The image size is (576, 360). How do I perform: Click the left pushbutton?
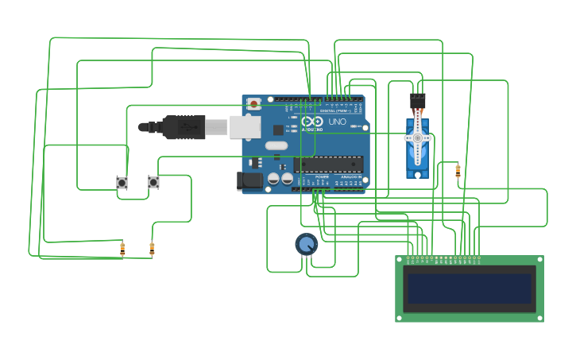pos(122,183)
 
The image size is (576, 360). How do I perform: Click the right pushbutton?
pos(153,182)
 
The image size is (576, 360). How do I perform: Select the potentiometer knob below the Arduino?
pos(306,244)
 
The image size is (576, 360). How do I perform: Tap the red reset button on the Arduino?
pos(253,103)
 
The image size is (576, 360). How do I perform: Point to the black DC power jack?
pos(250,181)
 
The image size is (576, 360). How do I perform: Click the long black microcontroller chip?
pos(328,165)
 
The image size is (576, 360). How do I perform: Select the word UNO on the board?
pos(338,122)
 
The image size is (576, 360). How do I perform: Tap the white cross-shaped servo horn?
pos(417,138)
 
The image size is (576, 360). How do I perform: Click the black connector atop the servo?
pos(417,101)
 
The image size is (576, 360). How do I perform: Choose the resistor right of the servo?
pos(458,169)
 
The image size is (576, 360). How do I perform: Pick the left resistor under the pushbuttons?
pos(122,249)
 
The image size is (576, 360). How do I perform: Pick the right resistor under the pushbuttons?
pos(152,249)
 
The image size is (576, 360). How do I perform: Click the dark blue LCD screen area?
pos(470,288)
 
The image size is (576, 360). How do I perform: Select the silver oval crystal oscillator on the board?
pos(276,145)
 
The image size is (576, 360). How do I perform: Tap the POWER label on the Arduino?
pos(322,177)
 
